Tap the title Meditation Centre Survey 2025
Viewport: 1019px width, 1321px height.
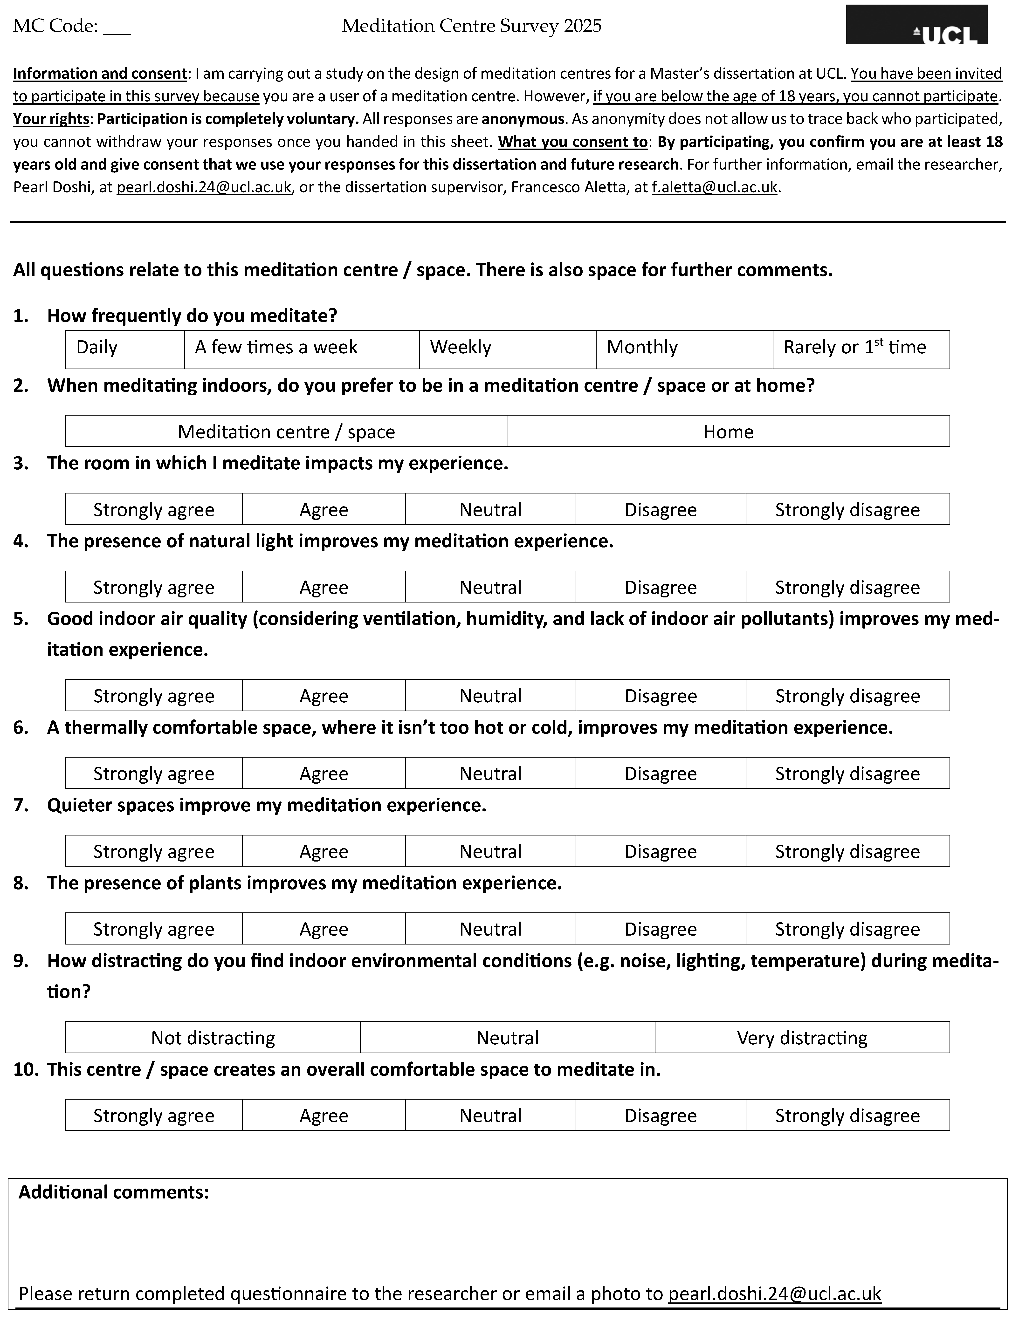click(x=471, y=26)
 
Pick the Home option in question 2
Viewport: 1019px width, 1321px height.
click(x=728, y=431)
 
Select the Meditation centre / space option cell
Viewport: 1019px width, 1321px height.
click(x=286, y=431)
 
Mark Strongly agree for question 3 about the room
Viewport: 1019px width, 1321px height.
click(x=154, y=509)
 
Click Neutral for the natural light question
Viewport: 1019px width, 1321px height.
click(x=490, y=587)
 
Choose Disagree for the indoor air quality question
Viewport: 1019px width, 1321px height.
click(x=660, y=696)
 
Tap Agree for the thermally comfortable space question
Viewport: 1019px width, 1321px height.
click(x=324, y=773)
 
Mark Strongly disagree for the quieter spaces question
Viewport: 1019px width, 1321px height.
click(x=847, y=851)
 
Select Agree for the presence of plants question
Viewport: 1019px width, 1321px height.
click(x=324, y=928)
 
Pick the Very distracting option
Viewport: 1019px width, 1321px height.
click(x=802, y=1037)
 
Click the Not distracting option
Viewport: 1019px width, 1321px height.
click(x=213, y=1037)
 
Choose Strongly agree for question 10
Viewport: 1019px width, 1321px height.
click(x=154, y=1115)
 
